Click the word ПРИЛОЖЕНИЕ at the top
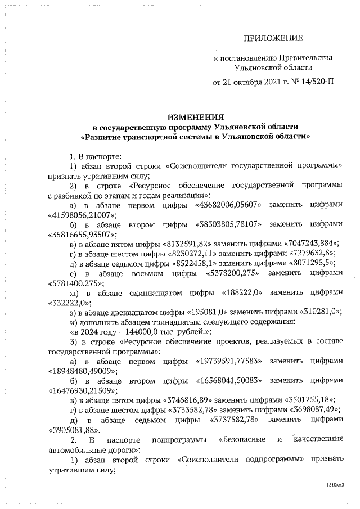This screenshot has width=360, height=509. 273,38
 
